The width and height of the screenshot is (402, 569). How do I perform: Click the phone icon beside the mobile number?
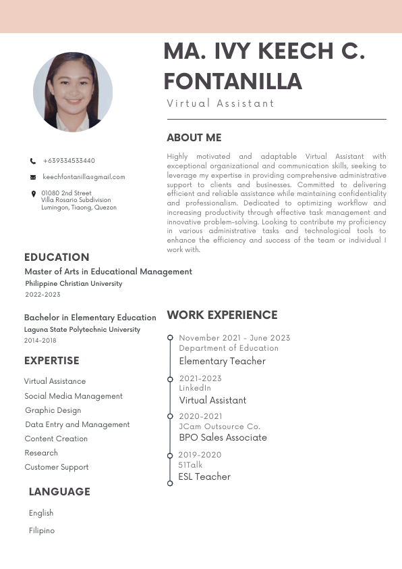click(x=33, y=162)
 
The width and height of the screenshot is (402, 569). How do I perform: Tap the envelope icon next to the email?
click(x=33, y=177)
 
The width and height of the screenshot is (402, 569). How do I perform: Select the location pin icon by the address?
click(x=34, y=194)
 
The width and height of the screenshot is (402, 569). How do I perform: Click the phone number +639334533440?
click(x=69, y=161)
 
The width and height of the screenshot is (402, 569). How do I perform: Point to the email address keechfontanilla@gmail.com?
click(x=84, y=177)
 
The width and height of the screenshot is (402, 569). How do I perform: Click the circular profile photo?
click(x=73, y=92)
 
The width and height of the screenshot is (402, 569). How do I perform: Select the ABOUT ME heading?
click(x=194, y=138)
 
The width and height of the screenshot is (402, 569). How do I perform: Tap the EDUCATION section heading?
click(x=57, y=257)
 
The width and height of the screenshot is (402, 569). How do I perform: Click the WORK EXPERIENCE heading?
click(x=222, y=315)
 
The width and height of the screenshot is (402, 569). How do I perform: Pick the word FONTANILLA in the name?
click(x=233, y=82)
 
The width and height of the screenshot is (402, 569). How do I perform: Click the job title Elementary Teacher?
click(x=222, y=361)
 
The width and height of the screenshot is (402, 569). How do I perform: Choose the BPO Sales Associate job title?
click(x=223, y=437)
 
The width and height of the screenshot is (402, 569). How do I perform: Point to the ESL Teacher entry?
click(x=204, y=476)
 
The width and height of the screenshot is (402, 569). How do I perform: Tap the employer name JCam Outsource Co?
click(x=219, y=426)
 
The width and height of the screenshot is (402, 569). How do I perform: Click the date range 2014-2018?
click(x=40, y=341)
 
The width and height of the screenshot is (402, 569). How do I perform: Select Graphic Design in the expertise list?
click(x=53, y=410)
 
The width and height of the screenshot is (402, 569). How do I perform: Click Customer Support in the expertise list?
click(x=57, y=467)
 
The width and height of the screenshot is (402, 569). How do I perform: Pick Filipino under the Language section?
click(x=42, y=530)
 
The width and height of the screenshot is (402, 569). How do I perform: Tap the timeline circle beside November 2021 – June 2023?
click(x=170, y=338)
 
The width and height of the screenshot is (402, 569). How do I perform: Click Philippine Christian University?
click(x=74, y=284)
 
